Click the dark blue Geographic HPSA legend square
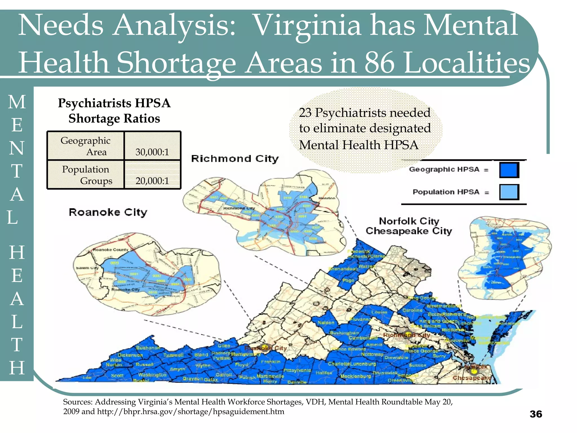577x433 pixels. [509, 170]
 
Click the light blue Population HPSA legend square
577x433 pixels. [509, 192]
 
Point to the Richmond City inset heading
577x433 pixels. [235, 159]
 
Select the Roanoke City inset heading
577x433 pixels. [108, 212]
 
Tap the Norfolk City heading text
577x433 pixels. [409, 221]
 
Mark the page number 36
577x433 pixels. [536, 414]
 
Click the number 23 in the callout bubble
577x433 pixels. [305, 113]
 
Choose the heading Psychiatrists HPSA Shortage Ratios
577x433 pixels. [114, 111]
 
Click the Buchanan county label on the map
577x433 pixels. [148, 348]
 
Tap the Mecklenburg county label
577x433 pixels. [356, 376]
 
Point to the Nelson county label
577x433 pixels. [326, 322]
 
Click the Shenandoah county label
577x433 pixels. [343, 269]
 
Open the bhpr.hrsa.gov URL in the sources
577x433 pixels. [190, 412]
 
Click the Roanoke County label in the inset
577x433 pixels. [110, 250]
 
